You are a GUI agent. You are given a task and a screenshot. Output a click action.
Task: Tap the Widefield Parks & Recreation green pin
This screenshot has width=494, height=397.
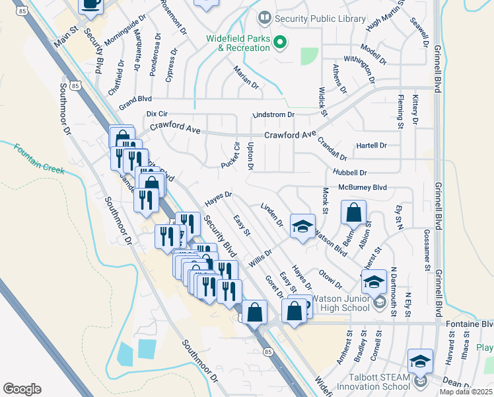(280, 43)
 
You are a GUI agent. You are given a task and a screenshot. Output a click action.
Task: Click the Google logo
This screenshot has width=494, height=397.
(22, 388)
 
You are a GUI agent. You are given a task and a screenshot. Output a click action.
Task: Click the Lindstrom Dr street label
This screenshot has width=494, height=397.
(273, 114)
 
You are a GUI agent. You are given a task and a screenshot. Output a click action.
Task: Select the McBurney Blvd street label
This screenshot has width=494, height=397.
(362, 187)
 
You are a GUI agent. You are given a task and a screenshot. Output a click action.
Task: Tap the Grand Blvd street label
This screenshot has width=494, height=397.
(135, 100)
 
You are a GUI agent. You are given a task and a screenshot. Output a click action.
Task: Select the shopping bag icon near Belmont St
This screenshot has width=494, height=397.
(353, 213)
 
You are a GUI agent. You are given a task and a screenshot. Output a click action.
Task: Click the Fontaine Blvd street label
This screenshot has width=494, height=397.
(470, 324)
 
